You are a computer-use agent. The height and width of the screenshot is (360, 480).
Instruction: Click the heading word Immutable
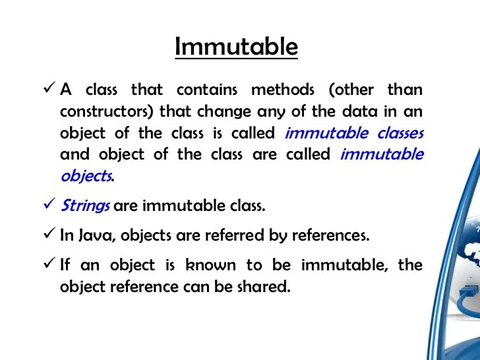pyautogui.click(x=236, y=47)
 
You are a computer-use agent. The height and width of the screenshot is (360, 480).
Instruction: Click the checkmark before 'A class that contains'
pyautogui.click(x=49, y=88)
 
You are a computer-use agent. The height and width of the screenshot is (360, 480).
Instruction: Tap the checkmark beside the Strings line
pyautogui.click(x=49, y=204)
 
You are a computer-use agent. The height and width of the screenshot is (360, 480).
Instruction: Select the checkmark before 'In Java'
pyautogui.click(x=49, y=235)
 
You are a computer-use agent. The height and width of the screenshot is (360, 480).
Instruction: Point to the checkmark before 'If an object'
pyautogui.click(x=49, y=265)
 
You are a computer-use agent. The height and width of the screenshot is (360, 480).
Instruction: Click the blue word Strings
pyautogui.click(x=85, y=205)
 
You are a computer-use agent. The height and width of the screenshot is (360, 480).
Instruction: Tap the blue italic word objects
pyautogui.click(x=86, y=176)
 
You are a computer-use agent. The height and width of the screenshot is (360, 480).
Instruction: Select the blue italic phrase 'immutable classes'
pyautogui.click(x=353, y=133)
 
